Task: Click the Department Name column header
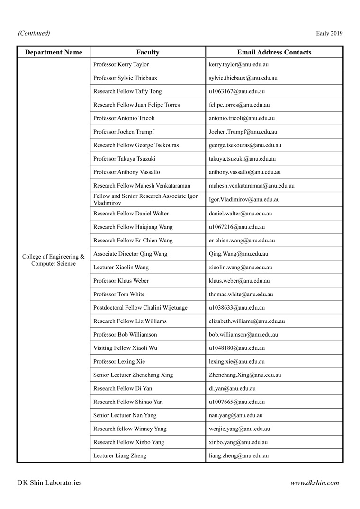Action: (54, 52)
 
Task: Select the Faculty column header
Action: (148, 52)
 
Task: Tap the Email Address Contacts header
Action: (274, 52)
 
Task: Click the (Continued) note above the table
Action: (34, 33)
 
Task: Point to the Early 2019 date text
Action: (329, 33)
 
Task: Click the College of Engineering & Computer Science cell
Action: (54, 260)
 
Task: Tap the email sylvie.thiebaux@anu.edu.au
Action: (243, 78)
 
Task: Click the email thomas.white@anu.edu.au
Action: (241, 294)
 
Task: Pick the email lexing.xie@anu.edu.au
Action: (236, 361)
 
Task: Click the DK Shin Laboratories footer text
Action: (49, 483)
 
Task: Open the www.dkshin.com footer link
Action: (315, 483)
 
